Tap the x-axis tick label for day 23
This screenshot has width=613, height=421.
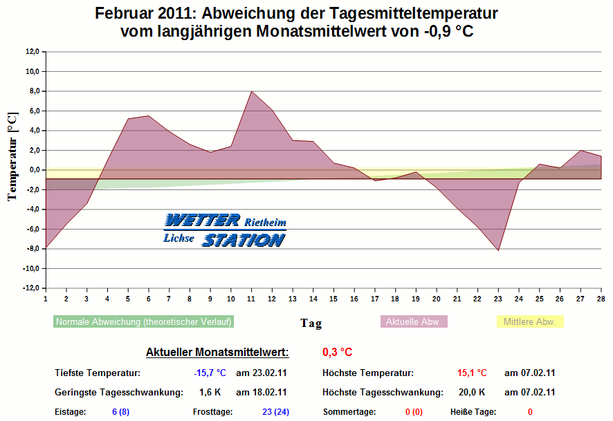point(498,299)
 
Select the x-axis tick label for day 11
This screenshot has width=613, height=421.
point(251,299)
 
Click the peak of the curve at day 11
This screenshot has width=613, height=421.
point(251,91)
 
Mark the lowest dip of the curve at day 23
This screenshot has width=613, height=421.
point(498,250)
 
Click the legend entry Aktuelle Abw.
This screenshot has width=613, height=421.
point(414,321)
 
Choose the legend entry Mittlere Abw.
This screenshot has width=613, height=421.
point(530,321)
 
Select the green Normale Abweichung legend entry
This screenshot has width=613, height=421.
point(143,321)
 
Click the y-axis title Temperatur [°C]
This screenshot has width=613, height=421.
point(12,158)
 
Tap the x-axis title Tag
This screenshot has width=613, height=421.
point(311,323)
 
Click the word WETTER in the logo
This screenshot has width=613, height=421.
point(202,221)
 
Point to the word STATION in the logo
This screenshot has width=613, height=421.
point(243,240)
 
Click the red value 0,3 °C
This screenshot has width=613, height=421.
point(338,353)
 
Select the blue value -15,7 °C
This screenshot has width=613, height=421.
point(210,373)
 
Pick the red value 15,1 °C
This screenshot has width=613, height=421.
point(472,373)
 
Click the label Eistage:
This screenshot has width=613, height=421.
point(70,412)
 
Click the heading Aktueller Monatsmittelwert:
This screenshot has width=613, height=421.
point(217,353)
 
